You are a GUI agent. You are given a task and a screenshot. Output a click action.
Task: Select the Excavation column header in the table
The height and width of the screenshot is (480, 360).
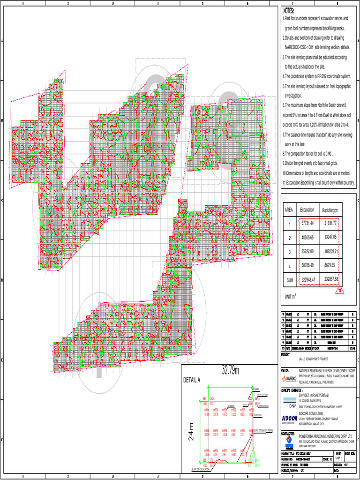pos(307,210)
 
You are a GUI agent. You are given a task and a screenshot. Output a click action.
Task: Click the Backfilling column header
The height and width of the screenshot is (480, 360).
pos(332,210)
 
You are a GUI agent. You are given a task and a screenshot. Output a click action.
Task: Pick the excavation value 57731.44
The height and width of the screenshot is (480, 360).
pos(307,224)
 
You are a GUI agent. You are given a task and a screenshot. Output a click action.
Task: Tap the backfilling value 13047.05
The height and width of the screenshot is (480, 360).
pos(331,238)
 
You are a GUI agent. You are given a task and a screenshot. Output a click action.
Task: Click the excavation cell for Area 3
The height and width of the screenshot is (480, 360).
pos(307,252)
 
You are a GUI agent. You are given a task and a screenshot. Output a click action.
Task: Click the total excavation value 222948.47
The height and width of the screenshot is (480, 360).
pos(307,279)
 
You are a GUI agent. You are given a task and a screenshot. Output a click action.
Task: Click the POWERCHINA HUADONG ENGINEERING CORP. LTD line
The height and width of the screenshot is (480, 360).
pos(326,436)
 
